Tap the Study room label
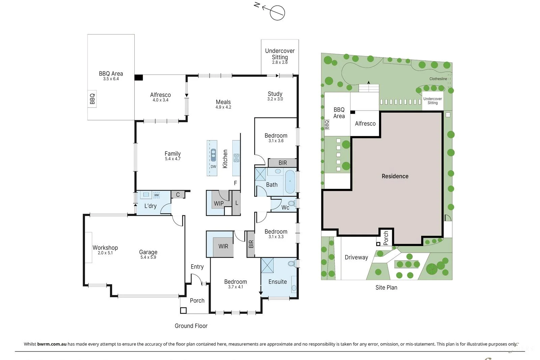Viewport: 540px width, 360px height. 275,94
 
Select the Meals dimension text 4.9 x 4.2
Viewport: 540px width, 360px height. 223,107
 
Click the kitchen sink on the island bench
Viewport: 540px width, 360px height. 213,155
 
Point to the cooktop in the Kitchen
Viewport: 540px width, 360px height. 236,158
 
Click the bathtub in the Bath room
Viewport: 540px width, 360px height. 290,182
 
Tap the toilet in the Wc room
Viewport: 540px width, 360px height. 292,203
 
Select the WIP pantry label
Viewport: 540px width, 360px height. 219,203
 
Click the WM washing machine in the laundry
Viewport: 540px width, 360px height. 157,195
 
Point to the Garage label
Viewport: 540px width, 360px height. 148,252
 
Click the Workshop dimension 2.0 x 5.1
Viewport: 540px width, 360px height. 105,253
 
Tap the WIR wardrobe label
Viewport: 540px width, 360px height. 223,246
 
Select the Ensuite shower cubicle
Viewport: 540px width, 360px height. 267,265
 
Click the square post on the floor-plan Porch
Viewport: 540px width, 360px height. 183,310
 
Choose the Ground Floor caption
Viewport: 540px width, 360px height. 191,326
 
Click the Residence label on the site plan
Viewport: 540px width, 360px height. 395,176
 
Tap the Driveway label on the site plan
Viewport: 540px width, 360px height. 356,257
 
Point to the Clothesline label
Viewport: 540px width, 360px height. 438,79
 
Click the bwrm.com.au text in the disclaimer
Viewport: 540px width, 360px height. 52,344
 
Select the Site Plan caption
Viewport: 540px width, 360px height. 386,287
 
